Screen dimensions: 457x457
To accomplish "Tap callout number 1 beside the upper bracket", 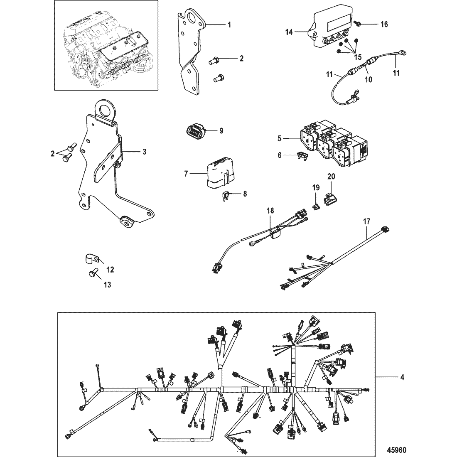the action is click(x=229, y=25).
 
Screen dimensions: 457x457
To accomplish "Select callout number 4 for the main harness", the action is click(x=402, y=377).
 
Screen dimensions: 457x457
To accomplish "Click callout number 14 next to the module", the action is click(x=289, y=32).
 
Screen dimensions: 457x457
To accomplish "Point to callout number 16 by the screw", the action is click(x=384, y=24).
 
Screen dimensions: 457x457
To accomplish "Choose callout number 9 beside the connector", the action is click(x=221, y=131).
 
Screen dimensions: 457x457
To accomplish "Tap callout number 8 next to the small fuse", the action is click(x=245, y=194).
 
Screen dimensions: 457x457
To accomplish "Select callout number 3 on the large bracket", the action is click(x=144, y=152).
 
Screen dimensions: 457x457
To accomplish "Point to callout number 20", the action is click(x=332, y=176).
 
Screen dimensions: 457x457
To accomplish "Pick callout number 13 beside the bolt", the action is click(x=108, y=285).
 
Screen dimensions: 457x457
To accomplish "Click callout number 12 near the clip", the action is click(x=110, y=270).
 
